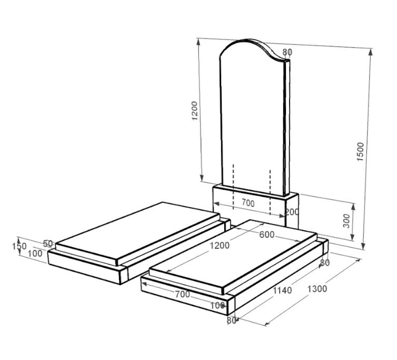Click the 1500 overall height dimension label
(360, 152)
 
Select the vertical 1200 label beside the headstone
(194, 111)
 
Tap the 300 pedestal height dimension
(346, 221)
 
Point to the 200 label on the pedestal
(292, 212)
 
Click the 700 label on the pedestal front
(248, 203)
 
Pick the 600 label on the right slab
(267, 235)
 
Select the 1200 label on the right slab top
(220, 246)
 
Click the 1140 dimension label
(282, 290)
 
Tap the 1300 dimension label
(317, 289)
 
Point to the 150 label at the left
(19, 246)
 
